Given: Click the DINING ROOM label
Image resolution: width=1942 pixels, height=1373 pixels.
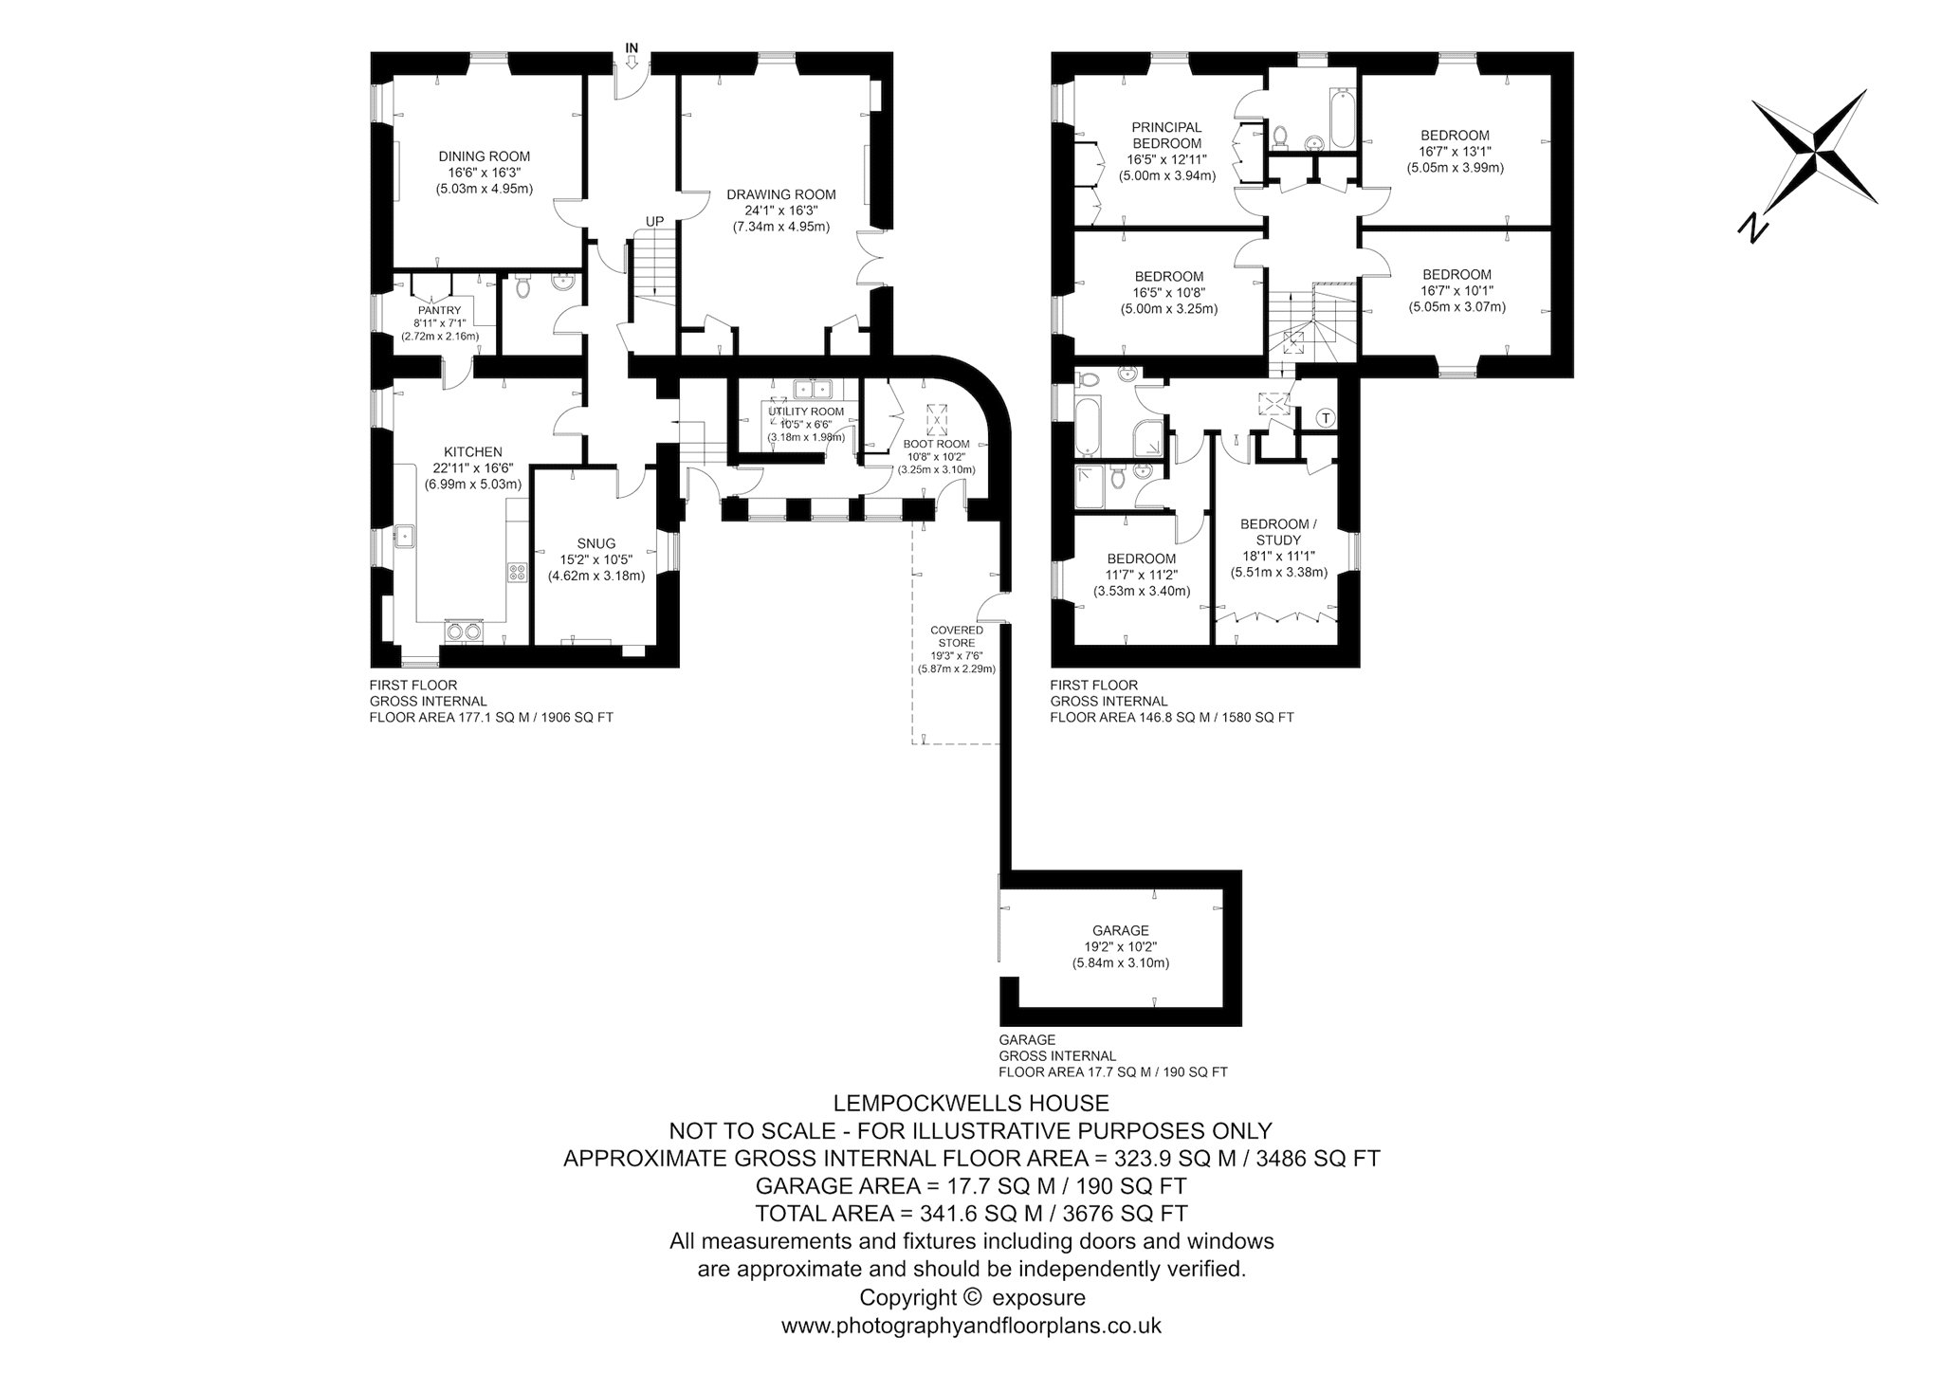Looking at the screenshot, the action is click(x=484, y=156).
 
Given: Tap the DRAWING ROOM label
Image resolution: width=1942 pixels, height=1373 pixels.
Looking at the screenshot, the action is click(x=781, y=194).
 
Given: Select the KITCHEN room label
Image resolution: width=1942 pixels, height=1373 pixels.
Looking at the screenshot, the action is click(x=473, y=452).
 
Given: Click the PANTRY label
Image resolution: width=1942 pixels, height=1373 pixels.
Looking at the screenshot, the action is click(x=439, y=310).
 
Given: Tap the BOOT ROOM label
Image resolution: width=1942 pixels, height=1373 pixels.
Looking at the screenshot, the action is click(x=936, y=443).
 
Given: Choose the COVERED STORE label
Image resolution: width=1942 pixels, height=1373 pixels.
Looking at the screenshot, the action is click(x=956, y=636).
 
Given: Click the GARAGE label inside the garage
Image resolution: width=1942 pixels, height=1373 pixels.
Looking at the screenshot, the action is click(x=1121, y=930).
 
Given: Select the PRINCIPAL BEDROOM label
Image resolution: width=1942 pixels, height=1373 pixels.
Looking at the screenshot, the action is click(x=1166, y=135).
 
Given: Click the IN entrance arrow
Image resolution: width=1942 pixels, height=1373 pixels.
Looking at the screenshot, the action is click(x=632, y=63).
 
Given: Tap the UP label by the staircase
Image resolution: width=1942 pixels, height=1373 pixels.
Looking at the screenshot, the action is click(x=654, y=222).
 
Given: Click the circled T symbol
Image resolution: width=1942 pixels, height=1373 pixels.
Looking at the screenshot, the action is click(x=1327, y=417).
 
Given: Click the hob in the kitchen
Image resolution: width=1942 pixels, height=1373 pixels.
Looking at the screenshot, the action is click(x=518, y=572).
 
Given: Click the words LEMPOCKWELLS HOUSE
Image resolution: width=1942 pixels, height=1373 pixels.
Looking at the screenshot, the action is click(x=970, y=1103).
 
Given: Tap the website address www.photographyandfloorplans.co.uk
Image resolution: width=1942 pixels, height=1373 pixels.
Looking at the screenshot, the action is click(x=971, y=1326).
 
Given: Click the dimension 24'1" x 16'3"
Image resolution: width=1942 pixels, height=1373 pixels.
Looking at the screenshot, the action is click(x=781, y=211).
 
